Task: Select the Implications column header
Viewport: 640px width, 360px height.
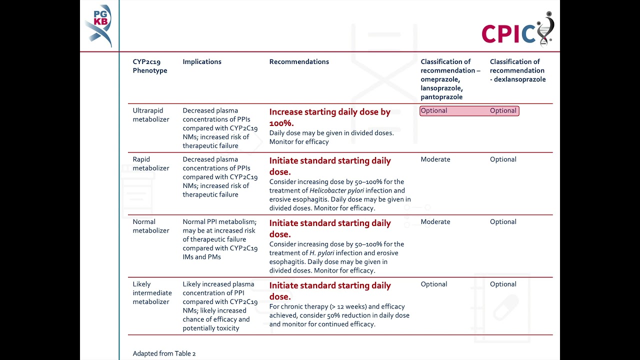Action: click(202, 62)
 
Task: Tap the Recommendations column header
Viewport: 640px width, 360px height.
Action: click(299, 62)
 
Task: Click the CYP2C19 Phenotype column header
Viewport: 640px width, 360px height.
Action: click(150, 66)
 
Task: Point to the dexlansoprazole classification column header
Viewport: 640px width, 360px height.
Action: click(517, 70)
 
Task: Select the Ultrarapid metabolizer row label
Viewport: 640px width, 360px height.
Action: click(151, 115)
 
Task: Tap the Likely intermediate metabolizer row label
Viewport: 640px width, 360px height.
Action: click(152, 293)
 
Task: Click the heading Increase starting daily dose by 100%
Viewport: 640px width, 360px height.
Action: click(329, 117)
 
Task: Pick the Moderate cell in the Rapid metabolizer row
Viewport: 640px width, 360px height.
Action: click(435, 159)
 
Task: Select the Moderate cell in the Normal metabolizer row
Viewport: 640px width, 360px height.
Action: click(435, 222)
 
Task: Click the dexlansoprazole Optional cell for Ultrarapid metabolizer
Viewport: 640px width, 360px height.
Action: click(503, 111)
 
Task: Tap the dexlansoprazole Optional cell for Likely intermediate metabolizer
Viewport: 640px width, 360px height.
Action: click(503, 284)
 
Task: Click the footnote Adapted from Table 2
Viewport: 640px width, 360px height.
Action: click(164, 353)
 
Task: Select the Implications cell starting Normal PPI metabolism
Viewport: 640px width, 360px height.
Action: click(219, 239)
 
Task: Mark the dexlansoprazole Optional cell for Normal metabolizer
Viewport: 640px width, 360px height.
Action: click(503, 222)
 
